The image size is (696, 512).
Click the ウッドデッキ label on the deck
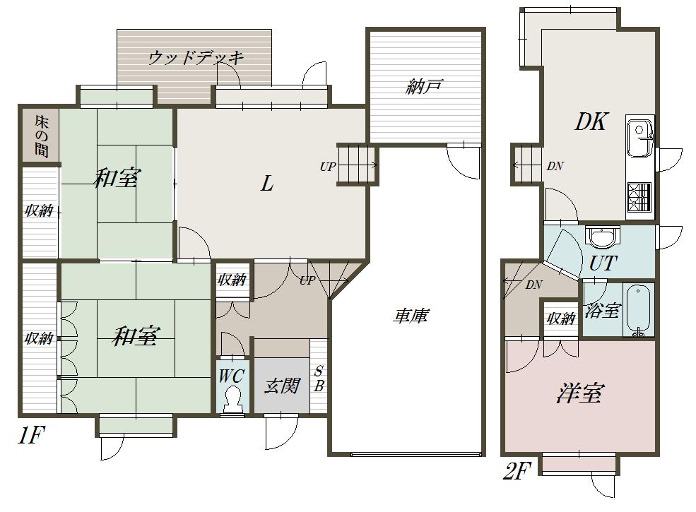[196, 57]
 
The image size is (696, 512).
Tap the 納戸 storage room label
[424, 86]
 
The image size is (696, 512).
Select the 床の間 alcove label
[41, 136]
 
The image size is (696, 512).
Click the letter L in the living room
[267, 183]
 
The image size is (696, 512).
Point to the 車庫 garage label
[411, 316]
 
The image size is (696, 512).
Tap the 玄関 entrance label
[282, 386]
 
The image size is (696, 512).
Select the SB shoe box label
[318, 379]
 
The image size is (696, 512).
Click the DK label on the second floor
[590, 121]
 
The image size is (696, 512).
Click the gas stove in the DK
[639, 196]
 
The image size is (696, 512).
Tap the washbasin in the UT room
[602, 237]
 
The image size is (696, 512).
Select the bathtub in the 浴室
[638, 311]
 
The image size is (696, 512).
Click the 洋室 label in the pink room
[579, 393]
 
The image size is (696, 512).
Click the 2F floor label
[517, 471]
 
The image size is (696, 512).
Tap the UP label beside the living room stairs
[328, 167]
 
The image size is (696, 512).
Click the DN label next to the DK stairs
[555, 166]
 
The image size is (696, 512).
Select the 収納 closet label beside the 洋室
[560, 318]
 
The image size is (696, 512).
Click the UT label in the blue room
[603, 263]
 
